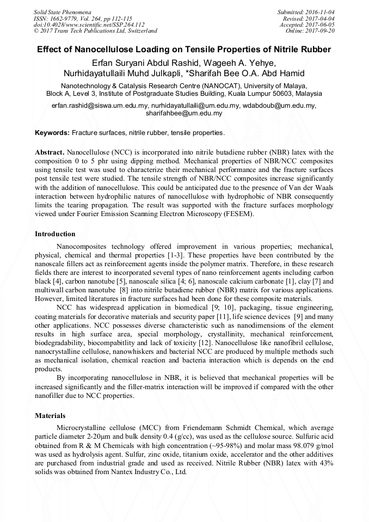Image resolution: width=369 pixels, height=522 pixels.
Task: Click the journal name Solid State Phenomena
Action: (62, 11)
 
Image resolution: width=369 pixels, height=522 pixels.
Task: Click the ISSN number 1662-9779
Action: (64, 18)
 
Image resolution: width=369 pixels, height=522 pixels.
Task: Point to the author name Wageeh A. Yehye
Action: (248, 62)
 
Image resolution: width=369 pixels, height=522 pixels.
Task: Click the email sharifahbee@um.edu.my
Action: (184, 113)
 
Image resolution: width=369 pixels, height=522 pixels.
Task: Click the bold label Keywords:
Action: (52, 133)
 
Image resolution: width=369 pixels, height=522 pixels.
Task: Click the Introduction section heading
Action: (55, 234)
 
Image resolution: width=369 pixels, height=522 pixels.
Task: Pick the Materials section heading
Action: (50, 416)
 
